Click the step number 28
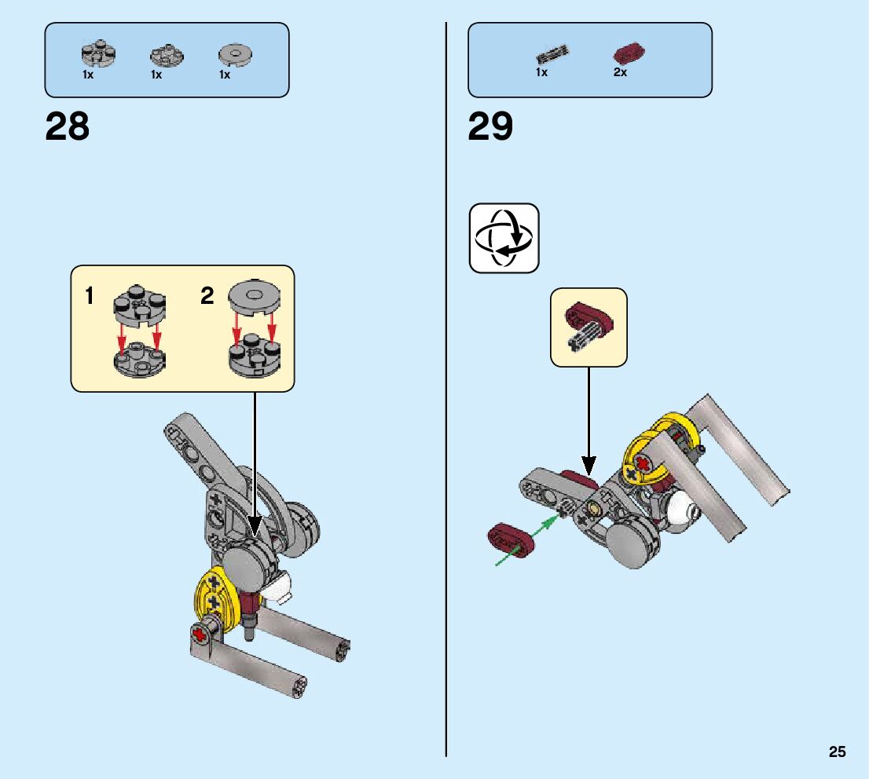coord(68,126)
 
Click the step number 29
coord(490,126)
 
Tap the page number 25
coord(837,752)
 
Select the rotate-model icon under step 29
coord(504,238)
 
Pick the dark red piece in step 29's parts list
coord(628,54)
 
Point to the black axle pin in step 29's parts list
coord(553,56)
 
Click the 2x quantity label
coord(620,72)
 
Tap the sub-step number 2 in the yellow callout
coord(207,296)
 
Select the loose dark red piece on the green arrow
coord(510,539)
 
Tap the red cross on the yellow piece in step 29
coord(644,465)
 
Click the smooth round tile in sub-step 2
coord(254,295)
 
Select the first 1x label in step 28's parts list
coord(88,75)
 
